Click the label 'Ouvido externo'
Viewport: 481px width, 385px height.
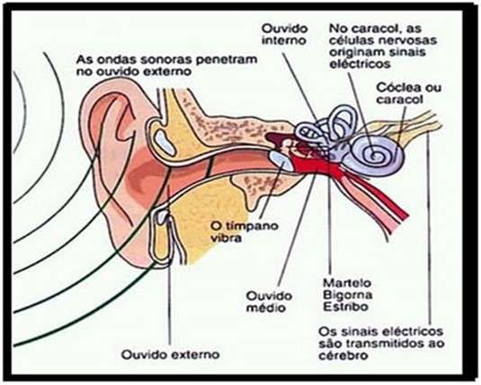click(x=171, y=354)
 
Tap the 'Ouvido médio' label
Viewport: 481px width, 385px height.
click(x=270, y=302)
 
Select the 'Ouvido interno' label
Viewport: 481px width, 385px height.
click(x=284, y=34)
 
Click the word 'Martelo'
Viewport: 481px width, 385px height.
click(x=347, y=283)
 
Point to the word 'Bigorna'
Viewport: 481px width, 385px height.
click(x=348, y=295)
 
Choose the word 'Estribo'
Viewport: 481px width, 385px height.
click(x=346, y=307)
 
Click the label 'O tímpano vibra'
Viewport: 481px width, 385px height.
click(x=245, y=232)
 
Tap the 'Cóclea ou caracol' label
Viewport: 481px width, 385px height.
click(x=408, y=93)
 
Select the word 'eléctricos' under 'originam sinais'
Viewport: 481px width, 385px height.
click(x=360, y=64)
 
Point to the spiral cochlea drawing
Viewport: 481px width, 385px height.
click(x=377, y=153)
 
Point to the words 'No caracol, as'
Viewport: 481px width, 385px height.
click(x=375, y=29)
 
